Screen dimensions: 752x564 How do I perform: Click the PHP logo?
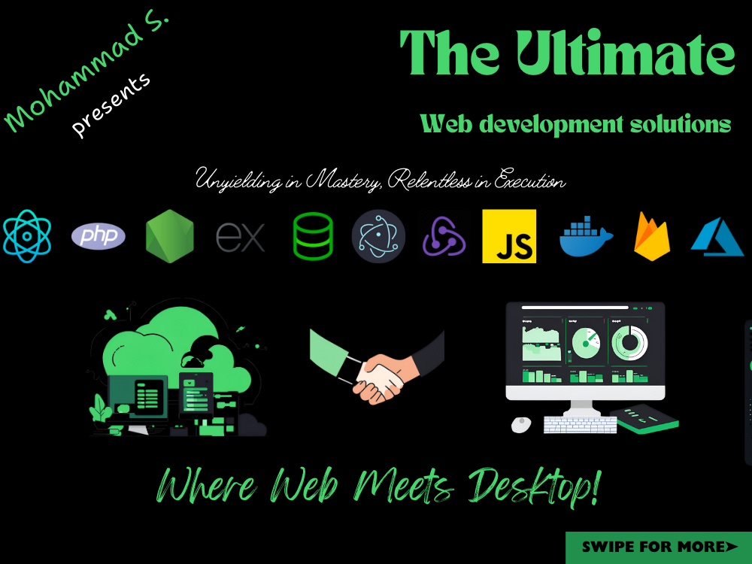(99, 236)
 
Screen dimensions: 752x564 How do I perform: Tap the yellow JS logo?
(509, 236)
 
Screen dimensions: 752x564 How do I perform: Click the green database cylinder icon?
(313, 236)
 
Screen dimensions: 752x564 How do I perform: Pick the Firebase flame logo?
(652, 236)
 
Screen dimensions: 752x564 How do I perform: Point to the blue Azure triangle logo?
(717, 236)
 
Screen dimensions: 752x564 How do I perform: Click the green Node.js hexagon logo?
(170, 236)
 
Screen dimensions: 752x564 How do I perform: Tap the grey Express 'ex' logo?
(241, 236)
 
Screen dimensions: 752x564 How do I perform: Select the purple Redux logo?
(444, 236)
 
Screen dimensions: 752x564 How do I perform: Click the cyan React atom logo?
(27, 236)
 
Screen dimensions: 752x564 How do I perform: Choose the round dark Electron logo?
(378, 236)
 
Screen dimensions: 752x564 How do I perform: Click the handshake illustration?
(377, 367)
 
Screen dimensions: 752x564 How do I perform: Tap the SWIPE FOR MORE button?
(659, 547)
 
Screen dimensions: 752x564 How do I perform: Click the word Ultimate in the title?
(625, 53)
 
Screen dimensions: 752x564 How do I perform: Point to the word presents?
(111, 105)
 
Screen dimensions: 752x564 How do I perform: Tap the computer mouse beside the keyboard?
(521, 424)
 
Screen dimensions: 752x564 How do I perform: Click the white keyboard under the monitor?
(580, 425)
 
